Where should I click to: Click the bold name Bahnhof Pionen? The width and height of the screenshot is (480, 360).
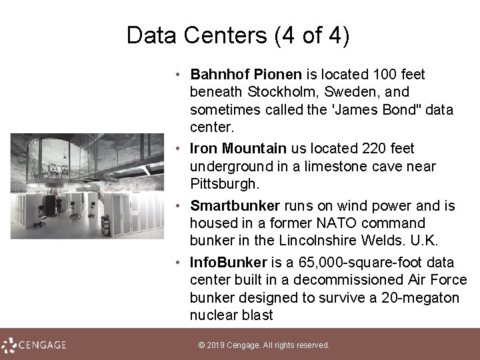click(x=246, y=74)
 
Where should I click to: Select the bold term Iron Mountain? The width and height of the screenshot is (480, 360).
click(x=238, y=148)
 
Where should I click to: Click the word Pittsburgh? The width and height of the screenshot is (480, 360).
click(x=224, y=182)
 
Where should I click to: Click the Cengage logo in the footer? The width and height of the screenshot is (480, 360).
click(x=35, y=345)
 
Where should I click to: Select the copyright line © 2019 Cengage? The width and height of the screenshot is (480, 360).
click(x=264, y=345)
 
